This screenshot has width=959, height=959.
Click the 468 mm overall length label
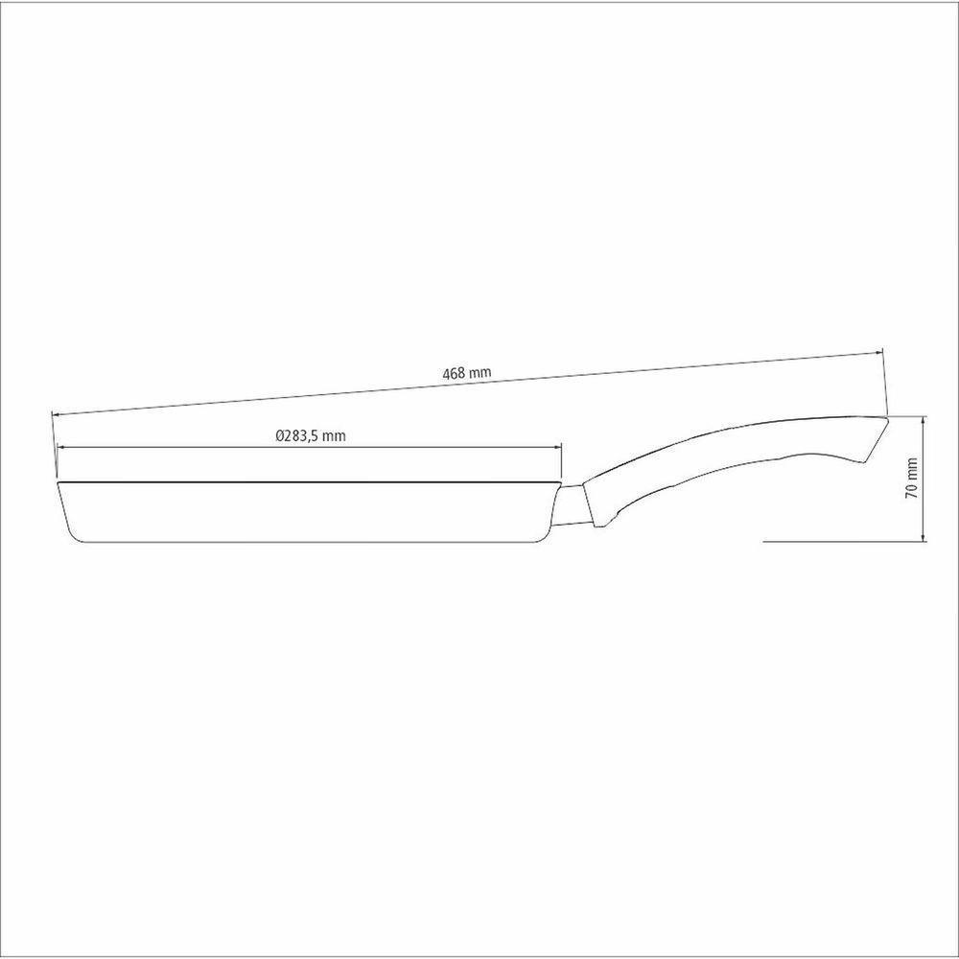click(x=467, y=372)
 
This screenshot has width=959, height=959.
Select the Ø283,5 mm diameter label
click(x=310, y=435)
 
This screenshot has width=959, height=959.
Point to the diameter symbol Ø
click(x=279, y=435)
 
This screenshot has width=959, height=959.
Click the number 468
click(x=454, y=374)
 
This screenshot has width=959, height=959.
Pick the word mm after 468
click(x=480, y=371)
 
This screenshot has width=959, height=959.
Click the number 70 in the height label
click(x=911, y=490)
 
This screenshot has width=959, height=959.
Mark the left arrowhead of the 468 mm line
click(x=57, y=414)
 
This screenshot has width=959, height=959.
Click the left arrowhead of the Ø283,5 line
click(x=61, y=448)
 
